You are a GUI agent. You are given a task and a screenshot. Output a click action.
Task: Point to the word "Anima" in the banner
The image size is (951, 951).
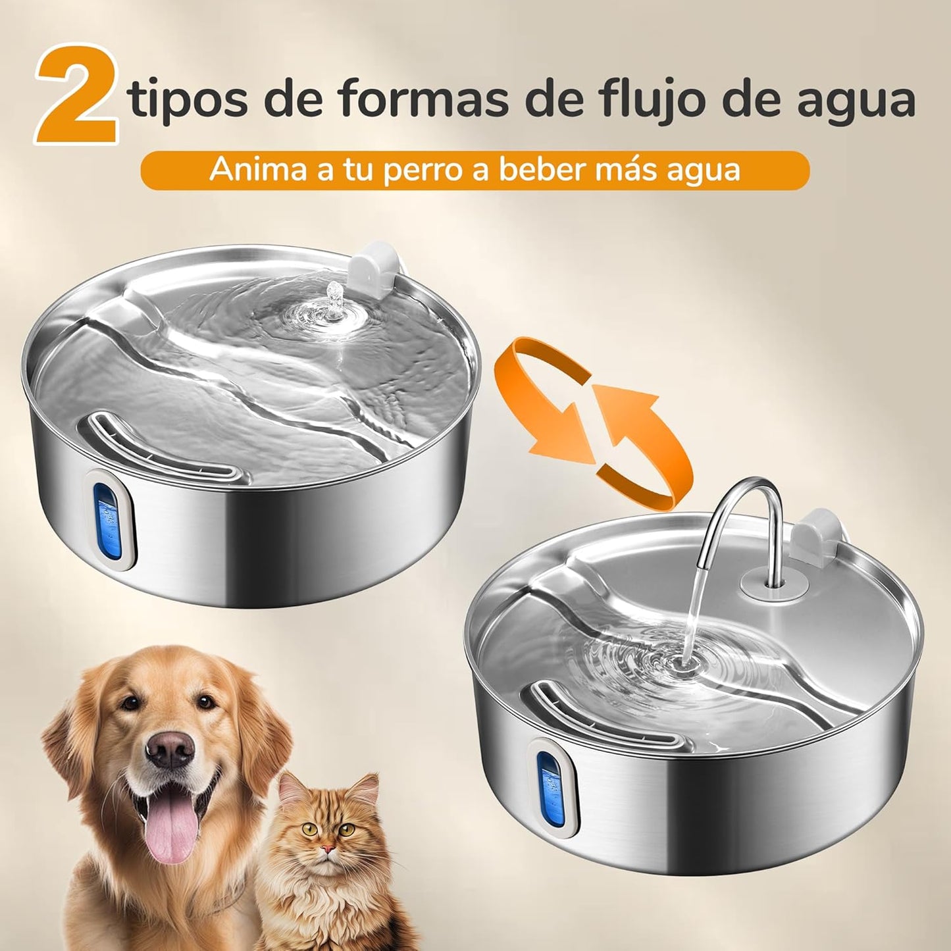(258, 170)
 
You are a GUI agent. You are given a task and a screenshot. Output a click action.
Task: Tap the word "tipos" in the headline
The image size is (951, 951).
(190, 99)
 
